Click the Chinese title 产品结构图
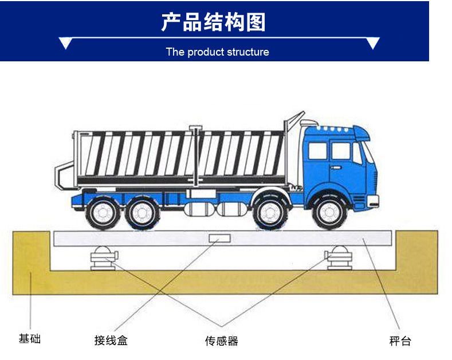pos(213,22)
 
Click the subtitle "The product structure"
pos(217,52)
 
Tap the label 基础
pos(29,339)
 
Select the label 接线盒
pos(111,341)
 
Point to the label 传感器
pos(222,341)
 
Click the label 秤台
pos(400,341)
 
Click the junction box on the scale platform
pos(219,238)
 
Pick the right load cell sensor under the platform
pos(338,257)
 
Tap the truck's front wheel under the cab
pos(330,212)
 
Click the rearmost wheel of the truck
pos(103,213)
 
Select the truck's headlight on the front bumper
pos(372,200)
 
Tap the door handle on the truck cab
pos(335,167)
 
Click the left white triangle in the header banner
pos(65,43)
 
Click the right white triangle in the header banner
pos(373,43)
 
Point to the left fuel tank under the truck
pos(199,209)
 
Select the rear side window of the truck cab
pos(317,151)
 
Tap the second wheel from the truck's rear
pos(143,213)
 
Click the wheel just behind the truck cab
pos(270,213)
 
